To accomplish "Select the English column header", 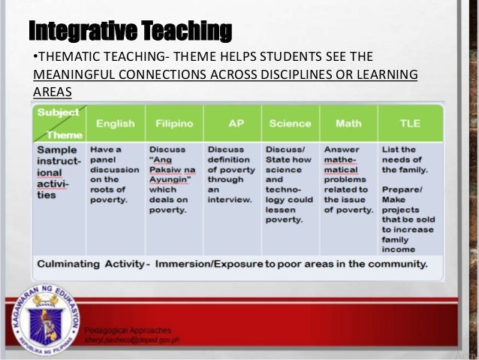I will coord(115,123).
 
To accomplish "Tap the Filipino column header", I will coord(174,123).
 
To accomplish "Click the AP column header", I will coord(231,123).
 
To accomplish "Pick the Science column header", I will coord(290,123).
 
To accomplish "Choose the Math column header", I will coord(348,123).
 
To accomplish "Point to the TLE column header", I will coord(410,123).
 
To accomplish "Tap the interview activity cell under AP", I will coord(231,174).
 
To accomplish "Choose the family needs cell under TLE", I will coord(410,154).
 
